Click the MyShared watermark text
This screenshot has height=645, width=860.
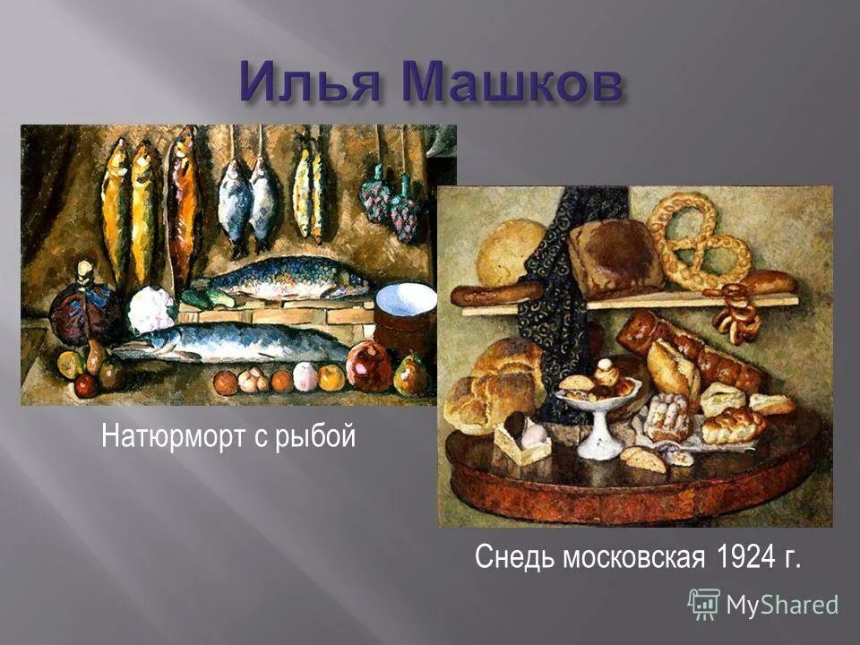click(x=781, y=605)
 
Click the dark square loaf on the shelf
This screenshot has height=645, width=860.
click(x=616, y=255)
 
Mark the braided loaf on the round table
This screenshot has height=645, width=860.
click(x=734, y=425)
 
